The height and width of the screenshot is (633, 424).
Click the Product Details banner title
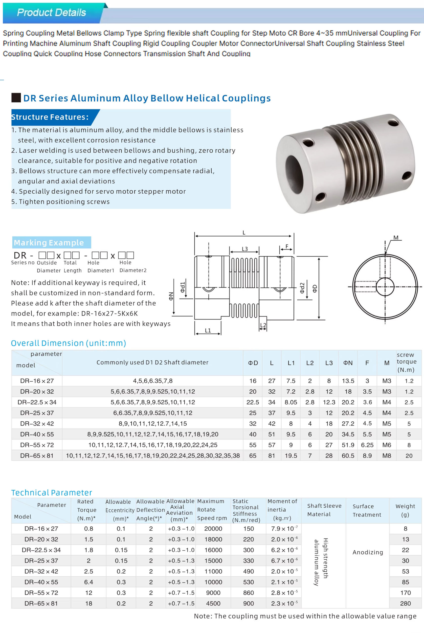click(x=51, y=12)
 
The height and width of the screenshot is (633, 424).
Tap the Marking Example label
click(x=49, y=243)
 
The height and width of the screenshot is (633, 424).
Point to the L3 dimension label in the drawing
click(x=245, y=249)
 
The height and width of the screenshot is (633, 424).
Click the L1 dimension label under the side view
click(x=208, y=330)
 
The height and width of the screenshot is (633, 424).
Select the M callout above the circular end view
click(x=396, y=238)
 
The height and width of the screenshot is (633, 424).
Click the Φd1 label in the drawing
click(x=183, y=287)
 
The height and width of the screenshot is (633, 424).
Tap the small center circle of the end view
click(x=385, y=287)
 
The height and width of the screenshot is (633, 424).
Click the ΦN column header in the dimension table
click(x=348, y=363)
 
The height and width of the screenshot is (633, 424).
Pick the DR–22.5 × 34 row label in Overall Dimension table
click(x=37, y=402)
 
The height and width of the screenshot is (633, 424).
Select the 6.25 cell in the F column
click(x=367, y=445)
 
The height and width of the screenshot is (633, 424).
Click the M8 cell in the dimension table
click(x=387, y=456)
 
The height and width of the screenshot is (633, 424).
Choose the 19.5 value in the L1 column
click(x=291, y=456)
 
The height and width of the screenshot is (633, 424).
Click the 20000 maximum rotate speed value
click(x=213, y=529)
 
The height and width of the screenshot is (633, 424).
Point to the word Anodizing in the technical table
click(x=368, y=552)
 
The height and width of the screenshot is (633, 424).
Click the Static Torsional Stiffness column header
click(x=246, y=510)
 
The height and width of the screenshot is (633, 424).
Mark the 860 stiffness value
click(x=248, y=593)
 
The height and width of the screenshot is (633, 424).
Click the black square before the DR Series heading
click(x=16, y=98)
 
